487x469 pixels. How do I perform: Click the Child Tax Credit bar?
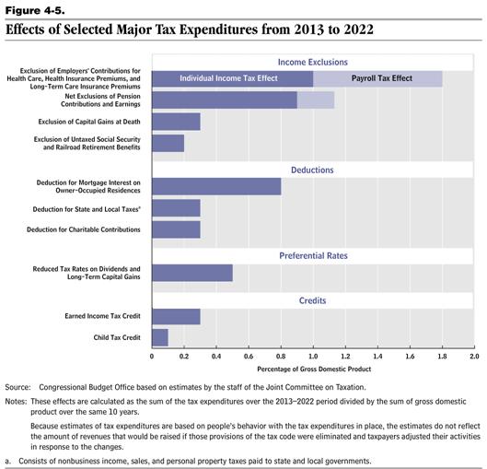tap(160, 337)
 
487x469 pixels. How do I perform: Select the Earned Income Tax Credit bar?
tap(176, 316)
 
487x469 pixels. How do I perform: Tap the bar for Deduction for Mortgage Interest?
tap(216, 186)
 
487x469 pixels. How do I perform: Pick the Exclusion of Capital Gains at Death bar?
tap(176, 122)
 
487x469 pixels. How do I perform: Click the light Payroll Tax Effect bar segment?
tap(377, 78)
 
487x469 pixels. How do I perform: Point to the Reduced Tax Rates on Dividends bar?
tap(192, 273)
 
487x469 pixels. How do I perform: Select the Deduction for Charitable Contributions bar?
tap(176, 229)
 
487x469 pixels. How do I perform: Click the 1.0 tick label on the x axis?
tap(313, 357)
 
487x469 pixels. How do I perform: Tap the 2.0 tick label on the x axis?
tap(474, 357)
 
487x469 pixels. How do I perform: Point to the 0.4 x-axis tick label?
tap(216, 357)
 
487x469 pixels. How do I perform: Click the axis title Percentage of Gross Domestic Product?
tap(314, 369)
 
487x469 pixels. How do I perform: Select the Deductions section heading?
tap(312, 170)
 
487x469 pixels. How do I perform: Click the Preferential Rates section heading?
tap(313, 255)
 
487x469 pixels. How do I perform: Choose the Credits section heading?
tap(312, 300)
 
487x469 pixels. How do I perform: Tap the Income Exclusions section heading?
tap(313, 62)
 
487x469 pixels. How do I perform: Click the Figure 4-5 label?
tap(35, 10)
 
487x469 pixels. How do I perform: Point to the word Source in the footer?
tap(17, 387)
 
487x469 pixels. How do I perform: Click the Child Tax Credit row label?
tap(117, 337)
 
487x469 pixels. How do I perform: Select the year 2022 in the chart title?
tap(358, 29)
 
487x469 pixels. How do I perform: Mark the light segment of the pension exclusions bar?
tap(316, 100)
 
